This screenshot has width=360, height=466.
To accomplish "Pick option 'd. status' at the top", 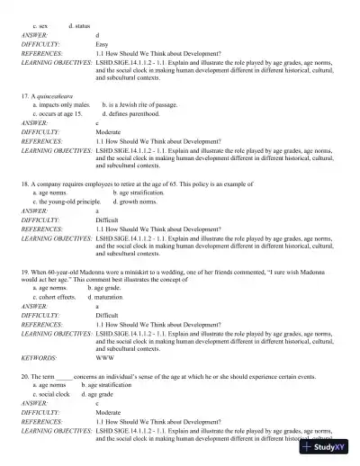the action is click(79, 27).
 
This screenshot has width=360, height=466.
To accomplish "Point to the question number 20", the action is click(24, 376).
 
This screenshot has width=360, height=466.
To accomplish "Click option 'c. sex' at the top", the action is click(40, 27).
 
